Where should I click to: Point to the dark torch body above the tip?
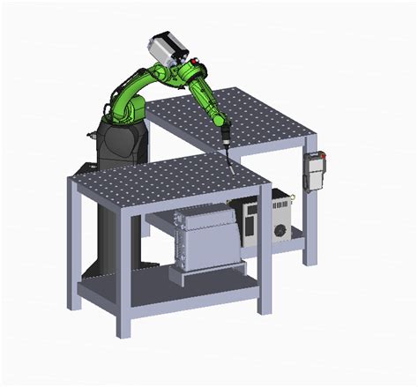224,137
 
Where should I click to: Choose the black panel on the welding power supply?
251,220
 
